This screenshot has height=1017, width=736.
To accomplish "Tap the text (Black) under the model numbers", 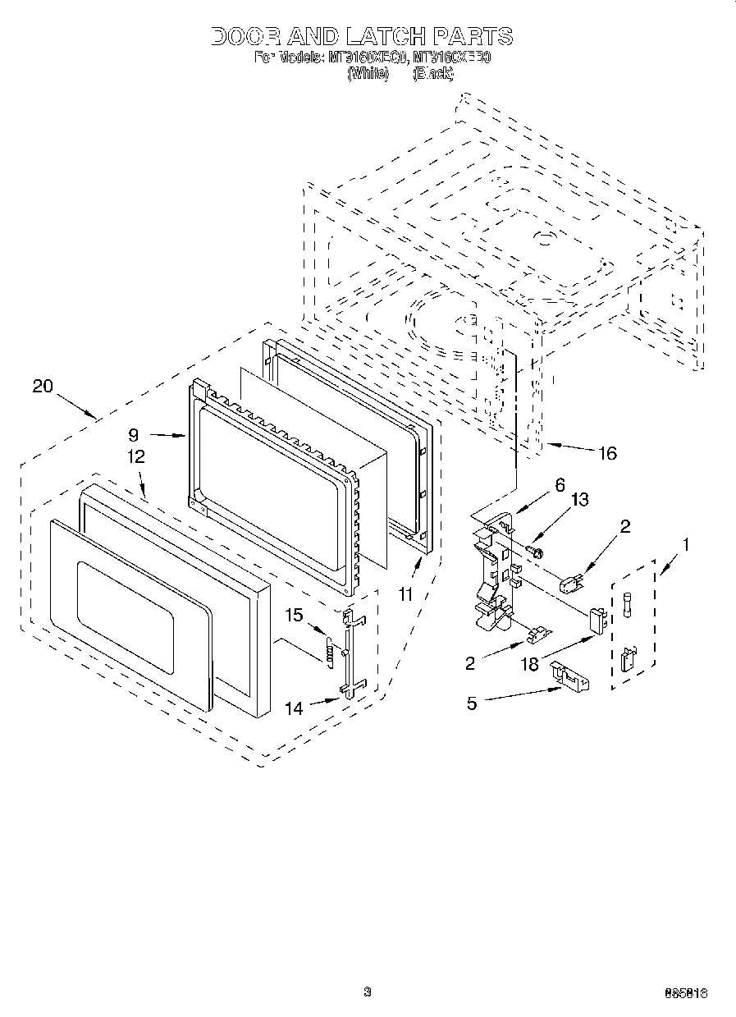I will tap(432, 73).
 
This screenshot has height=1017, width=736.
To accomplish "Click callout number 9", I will tap(134, 435).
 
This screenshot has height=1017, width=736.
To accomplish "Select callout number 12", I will tap(135, 457).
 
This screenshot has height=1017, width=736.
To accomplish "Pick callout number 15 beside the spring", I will tap(294, 615).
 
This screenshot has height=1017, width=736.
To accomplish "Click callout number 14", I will tap(294, 707).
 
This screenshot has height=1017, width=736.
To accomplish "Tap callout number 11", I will tap(405, 595).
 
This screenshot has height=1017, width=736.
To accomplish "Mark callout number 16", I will tap(607, 453).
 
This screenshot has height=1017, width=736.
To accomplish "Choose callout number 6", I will tap(560, 484).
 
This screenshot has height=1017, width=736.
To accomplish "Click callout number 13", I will tap(581, 499).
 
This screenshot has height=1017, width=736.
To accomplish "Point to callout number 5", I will tap(472, 703).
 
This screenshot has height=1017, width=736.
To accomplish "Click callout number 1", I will tap(685, 543).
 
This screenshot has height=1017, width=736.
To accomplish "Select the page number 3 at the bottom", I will tap(368, 992).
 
